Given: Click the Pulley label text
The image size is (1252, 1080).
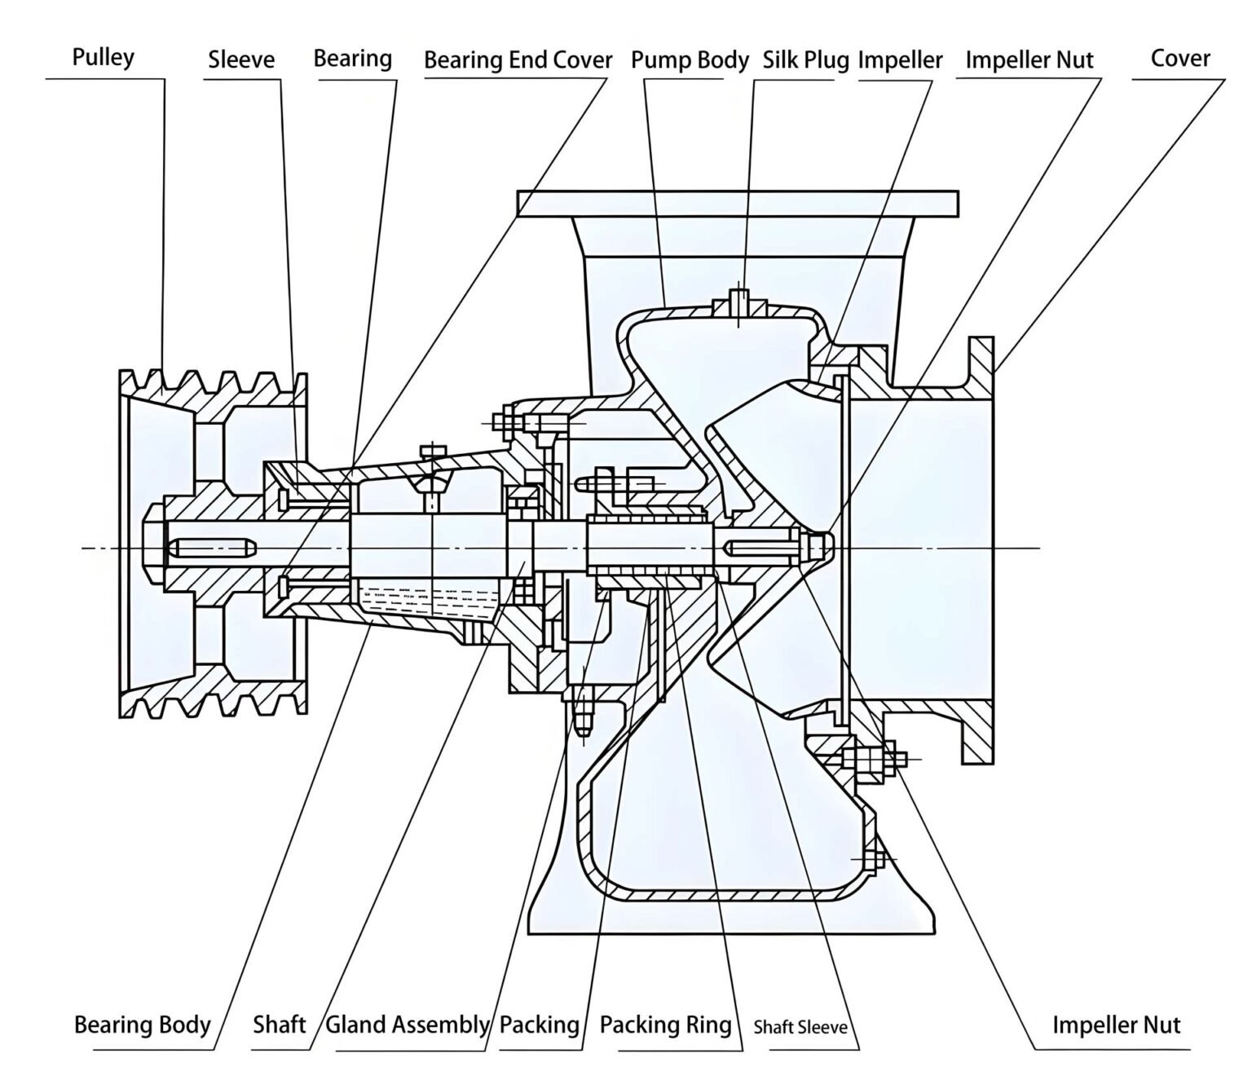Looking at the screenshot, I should pyautogui.click(x=104, y=58).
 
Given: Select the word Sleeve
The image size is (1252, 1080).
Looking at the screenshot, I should pyautogui.click(x=241, y=60).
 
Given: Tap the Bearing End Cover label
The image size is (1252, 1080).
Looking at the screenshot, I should pyautogui.click(x=518, y=60).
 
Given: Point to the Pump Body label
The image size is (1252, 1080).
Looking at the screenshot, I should pyautogui.click(x=690, y=60).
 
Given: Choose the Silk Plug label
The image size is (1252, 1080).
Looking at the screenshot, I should pyautogui.click(x=805, y=60).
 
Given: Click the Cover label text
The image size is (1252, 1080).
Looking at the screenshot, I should pyautogui.click(x=1179, y=59).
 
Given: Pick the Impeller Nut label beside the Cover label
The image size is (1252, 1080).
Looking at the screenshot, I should pyautogui.click(x=1029, y=60).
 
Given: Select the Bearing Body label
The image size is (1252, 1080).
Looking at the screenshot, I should pyautogui.click(x=143, y=1025).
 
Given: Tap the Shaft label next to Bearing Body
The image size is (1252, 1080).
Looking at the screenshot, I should pyautogui.click(x=279, y=1025).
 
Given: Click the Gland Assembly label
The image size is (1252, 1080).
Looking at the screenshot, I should pyautogui.click(x=407, y=1025).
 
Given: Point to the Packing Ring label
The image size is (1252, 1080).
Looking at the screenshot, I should pyautogui.click(x=665, y=1025).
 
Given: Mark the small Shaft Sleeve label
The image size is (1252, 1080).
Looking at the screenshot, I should pyautogui.click(x=800, y=1027).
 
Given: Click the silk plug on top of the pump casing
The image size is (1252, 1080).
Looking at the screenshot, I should pyautogui.click(x=739, y=302).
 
